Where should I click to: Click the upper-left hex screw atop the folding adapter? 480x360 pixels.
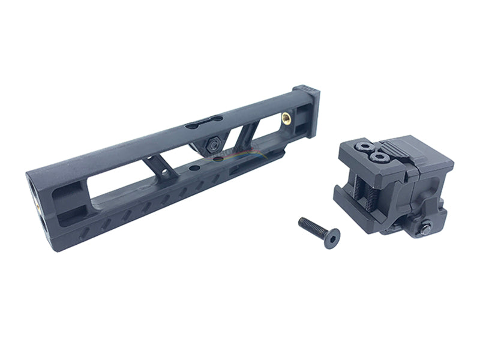coord(363,146)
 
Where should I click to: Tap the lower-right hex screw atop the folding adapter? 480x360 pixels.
coord(378,157)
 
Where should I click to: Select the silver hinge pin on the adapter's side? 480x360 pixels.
coord(425,227)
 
